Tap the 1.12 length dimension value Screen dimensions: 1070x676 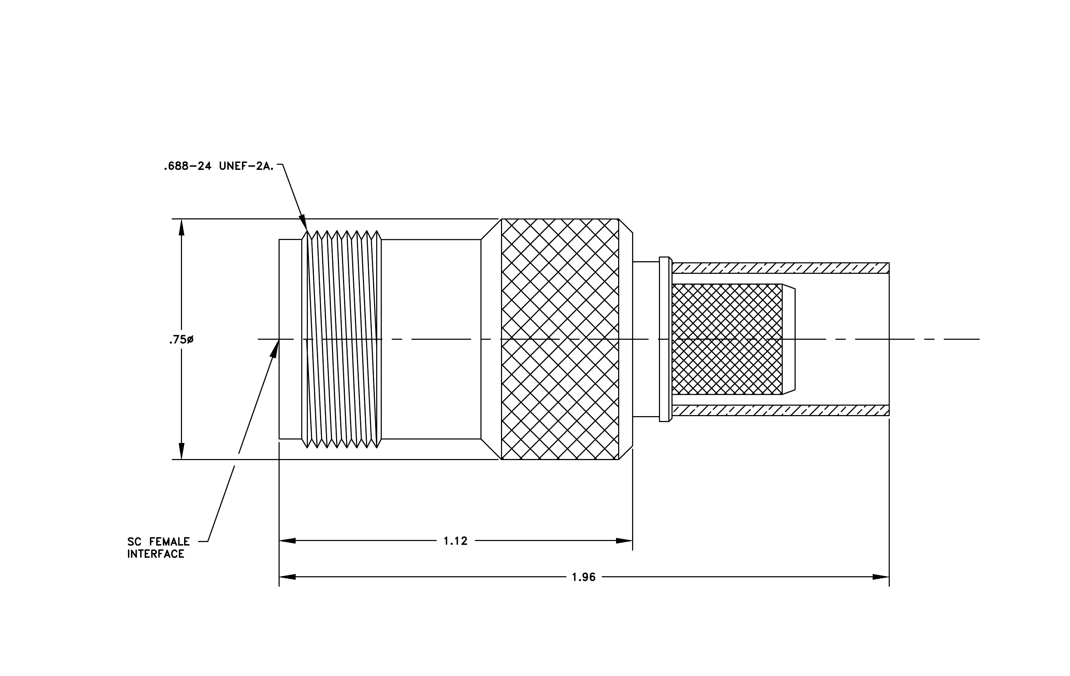pyautogui.click(x=455, y=541)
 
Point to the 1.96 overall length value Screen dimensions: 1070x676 pyautogui.click(x=583, y=577)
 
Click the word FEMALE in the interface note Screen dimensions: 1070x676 pyautogui.click(x=169, y=542)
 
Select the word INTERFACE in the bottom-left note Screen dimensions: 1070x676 pyautogui.click(x=155, y=554)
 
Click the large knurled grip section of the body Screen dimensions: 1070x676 pyautogui.click(x=560, y=339)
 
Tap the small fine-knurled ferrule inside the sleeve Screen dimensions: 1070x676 pyautogui.click(x=727, y=339)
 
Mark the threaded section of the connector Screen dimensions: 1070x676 pyautogui.click(x=341, y=339)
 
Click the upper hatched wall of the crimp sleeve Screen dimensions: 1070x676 pyautogui.click(x=781, y=268)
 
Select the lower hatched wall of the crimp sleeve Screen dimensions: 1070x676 pyautogui.click(x=781, y=410)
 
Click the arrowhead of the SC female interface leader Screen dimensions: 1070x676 pyautogui.click(x=275, y=349)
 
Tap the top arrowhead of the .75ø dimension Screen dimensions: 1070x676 pyautogui.click(x=181, y=227)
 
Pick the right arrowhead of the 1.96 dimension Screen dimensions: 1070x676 pyautogui.click(x=881, y=577)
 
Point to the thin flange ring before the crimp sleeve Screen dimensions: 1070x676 pyautogui.click(x=664, y=339)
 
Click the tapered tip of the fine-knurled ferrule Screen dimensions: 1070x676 pyautogui.click(x=789, y=339)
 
